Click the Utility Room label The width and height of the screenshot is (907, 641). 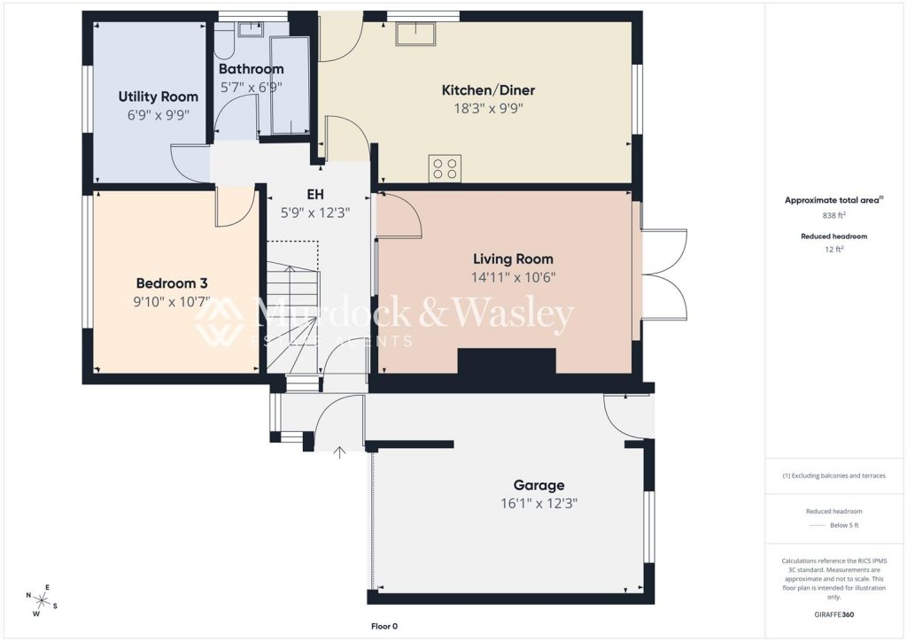(x=158, y=97)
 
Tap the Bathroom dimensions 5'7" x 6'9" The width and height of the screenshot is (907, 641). (x=251, y=88)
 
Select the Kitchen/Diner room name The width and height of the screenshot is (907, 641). (x=488, y=89)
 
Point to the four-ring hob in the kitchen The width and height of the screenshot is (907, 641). (x=445, y=168)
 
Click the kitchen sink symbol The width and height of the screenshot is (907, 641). (x=415, y=35)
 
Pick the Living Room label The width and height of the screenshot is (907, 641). (x=513, y=259)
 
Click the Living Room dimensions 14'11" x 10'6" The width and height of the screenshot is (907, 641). (x=513, y=277)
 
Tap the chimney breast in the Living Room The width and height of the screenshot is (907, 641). (x=507, y=361)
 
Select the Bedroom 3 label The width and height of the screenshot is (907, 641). (x=171, y=283)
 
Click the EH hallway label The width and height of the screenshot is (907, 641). (x=315, y=194)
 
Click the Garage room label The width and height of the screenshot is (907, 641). (x=539, y=485)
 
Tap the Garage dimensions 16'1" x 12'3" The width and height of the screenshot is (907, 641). (x=539, y=504)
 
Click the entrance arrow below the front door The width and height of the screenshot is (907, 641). (x=339, y=452)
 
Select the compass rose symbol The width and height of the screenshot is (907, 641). (x=41, y=600)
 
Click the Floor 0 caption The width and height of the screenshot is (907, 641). (x=384, y=626)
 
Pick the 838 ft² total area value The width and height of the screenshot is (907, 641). (x=834, y=215)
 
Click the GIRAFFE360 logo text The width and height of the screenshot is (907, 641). (x=834, y=614)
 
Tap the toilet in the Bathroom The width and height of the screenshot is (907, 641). (x=224, y=41)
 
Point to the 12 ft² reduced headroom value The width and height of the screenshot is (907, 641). (x=834, y=249)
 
